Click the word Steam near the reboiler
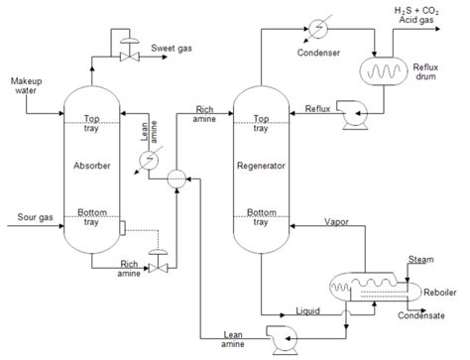[x=421, y=260]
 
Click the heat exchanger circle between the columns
[x=175, y=178]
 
